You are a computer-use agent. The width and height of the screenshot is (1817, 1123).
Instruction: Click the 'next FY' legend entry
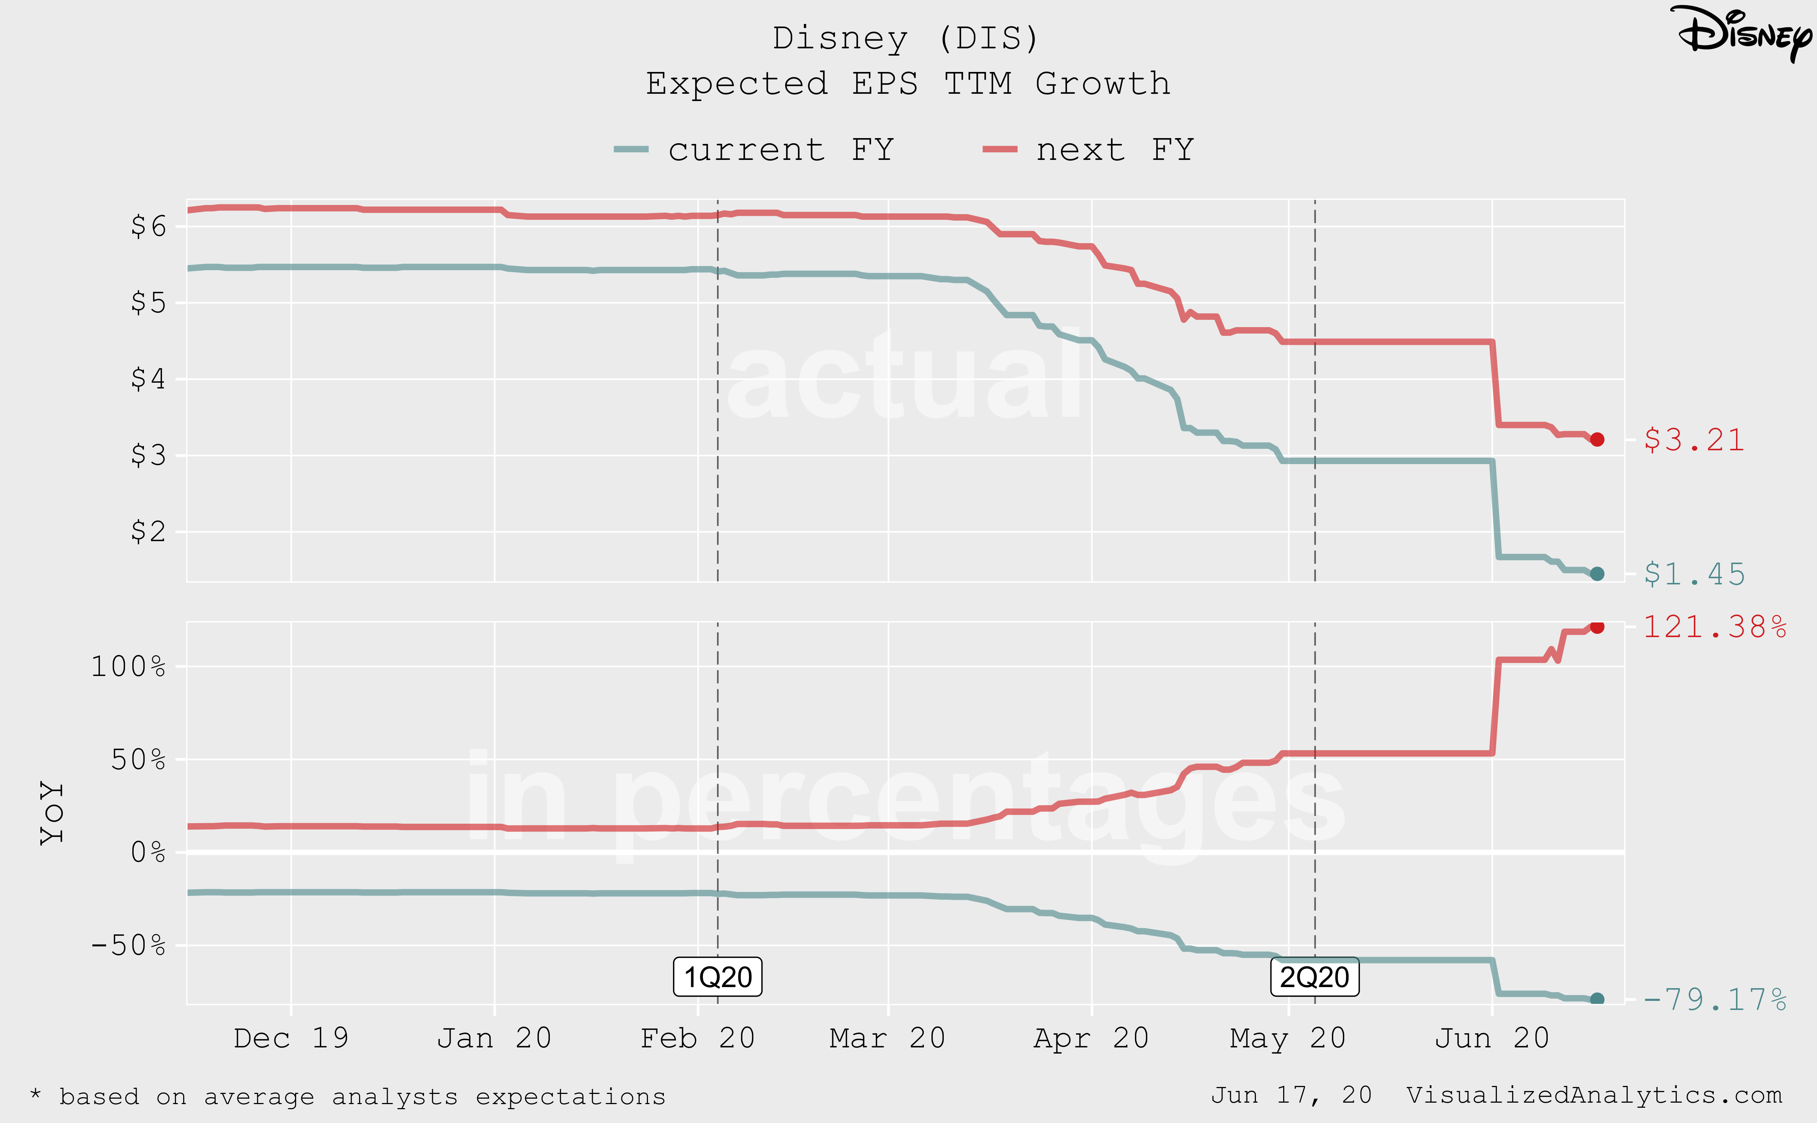click(x=1088, y=150)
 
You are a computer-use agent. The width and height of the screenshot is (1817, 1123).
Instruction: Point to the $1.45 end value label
click(x=1694, y=574)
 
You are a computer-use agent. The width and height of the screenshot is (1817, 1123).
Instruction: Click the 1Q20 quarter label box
click(x=717, y=977)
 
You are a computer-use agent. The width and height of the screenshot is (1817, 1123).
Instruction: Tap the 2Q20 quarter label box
click(x=1314, y=977)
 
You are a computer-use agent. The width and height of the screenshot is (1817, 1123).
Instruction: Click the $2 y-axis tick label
click(x=149, y=532)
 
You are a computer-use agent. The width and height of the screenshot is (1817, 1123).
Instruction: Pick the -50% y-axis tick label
click(x=128, y=946)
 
